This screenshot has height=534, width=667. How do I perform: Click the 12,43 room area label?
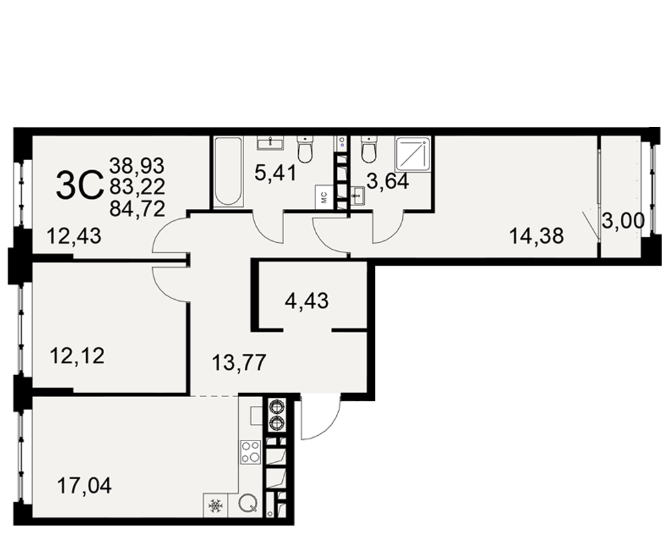click(74, 236)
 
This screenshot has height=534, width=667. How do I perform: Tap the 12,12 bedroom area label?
click(77, 356)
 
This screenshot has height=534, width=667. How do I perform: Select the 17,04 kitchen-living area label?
click(84, 485)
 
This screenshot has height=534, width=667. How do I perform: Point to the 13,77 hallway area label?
click(239, 363)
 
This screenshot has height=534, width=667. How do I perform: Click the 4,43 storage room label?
click(307, 300)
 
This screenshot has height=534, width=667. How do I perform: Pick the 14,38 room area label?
click(536, 236)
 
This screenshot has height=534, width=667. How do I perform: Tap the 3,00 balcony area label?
click(623, 221)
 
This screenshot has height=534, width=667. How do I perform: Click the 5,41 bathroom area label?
click(275, 173)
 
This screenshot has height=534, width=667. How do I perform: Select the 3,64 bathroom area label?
click(388, 182)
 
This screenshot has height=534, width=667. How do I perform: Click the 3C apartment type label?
click(80, 186)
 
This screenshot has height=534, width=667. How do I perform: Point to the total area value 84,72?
click(137, 209)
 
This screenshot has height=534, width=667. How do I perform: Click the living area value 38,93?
click(137, 166)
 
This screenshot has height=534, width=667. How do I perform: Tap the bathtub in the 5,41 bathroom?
click(228, 172)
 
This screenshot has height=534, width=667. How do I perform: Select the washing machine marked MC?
click(323, 197)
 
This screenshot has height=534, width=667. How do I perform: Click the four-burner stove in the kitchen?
click(250, 452)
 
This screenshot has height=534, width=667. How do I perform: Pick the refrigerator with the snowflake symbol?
click(215, 506)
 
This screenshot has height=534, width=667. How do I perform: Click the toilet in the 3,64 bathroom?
click(369, 149)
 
